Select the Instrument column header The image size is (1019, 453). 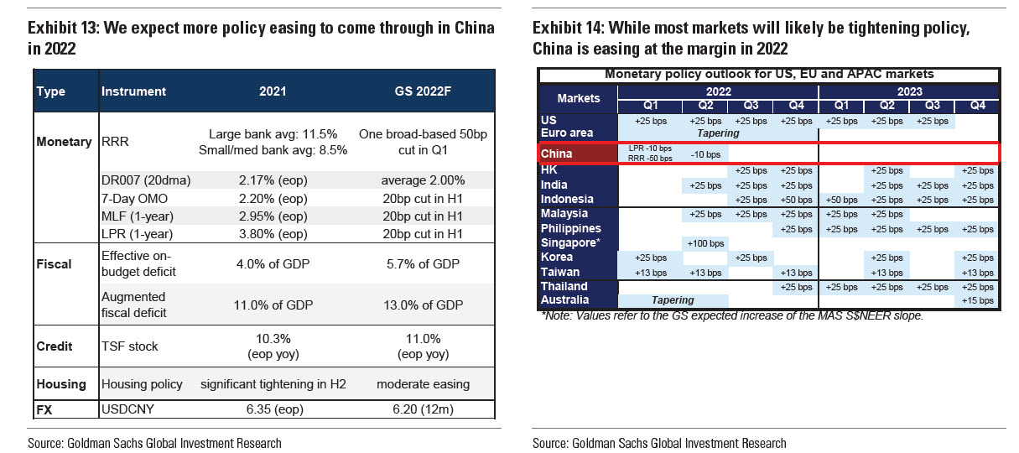[x=133, y=91]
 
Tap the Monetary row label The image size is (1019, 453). [x=64, y=142]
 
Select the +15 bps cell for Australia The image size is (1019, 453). [x=978, y=299]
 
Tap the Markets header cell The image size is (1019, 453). [x=578, y=98]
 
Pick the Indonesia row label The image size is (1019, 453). [x=567, y=199]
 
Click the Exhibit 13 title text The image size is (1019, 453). [x=261, y=38]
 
